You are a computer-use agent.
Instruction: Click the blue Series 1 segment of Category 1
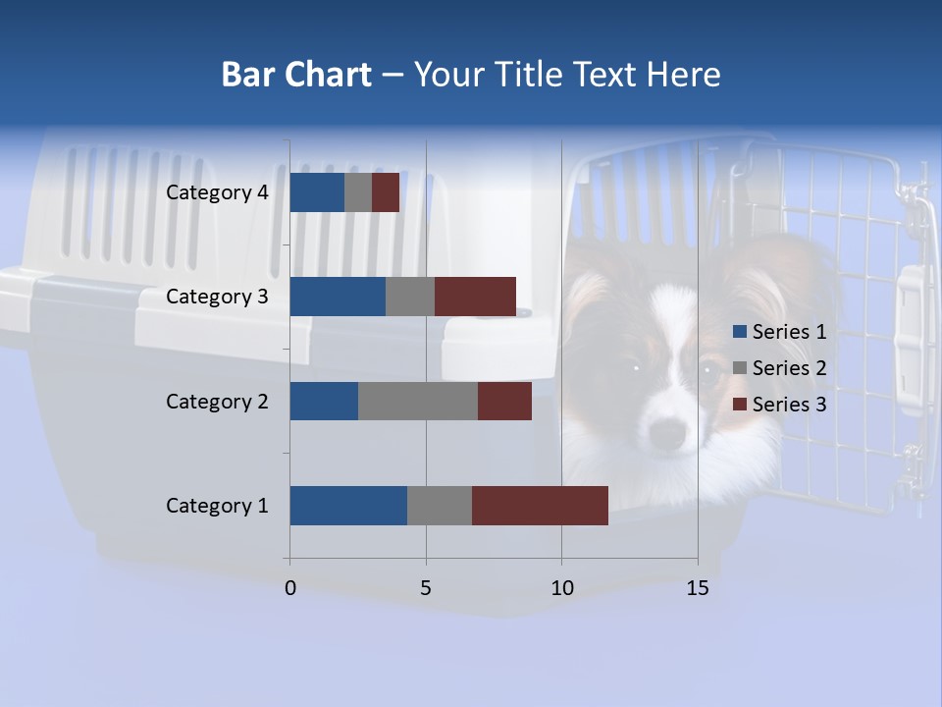pyautogui.click(x=348, y=506)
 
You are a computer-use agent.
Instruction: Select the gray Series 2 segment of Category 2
pyautogui.click(x=418, y=401)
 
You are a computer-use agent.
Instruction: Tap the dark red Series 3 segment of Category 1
pyautogui.click(x=540, y=506)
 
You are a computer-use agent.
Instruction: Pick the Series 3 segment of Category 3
pyautogui.click(x=475, y=297)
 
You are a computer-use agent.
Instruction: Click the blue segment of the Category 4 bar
pyautogui.click(x=317, y=192)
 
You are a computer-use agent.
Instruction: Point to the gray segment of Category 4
pyautogui.click(x=358, y=192)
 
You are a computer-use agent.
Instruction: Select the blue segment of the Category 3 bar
pyautogui.click(x=338, y=297)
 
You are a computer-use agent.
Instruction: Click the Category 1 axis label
pyautogui.click(x=217, y=506)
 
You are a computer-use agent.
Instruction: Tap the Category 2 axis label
pyautogui.click(x=217, y=401)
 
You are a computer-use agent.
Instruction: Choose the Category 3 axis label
pyautogui.click(x=217, y=297)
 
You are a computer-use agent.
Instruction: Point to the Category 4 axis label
pyautogui.click(x=217, y=192)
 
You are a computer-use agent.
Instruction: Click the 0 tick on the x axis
pyautogui.click(x=290, y=588)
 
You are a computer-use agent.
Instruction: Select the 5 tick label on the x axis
pyautogui.click(x=426, y=588)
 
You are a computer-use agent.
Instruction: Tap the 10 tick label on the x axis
pyautogui.click(x=561, y=588)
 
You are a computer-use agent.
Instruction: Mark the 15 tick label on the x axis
pyautogui.click(x=698, y=588)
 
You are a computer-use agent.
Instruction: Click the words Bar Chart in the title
pyautogui.click(x=296, y=75)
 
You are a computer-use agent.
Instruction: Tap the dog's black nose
pyautogui.click(x=668, y=431)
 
